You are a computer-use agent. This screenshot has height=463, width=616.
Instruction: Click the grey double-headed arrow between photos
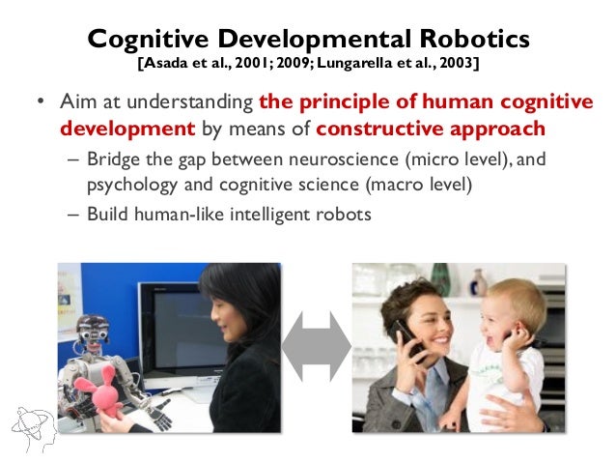(316, 345)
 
